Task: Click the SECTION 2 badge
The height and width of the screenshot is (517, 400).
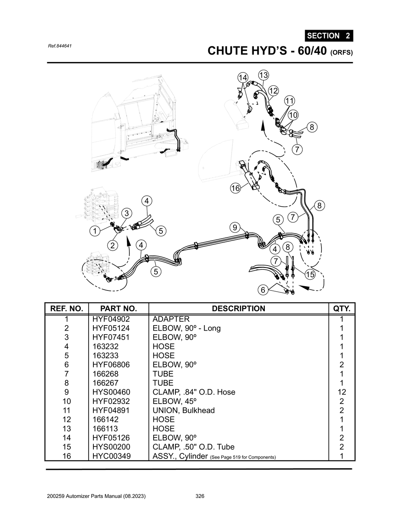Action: (x=329, y=35)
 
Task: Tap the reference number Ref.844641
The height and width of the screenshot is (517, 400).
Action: (x=59, y=46)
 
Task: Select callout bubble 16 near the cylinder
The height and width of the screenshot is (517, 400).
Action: (x=235, y=188)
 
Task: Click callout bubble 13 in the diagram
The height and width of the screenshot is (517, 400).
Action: (x=263, y=75)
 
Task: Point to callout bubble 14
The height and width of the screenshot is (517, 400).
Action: (x=243, y=78)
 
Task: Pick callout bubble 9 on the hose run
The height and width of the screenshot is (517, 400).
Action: (x=234, y=227)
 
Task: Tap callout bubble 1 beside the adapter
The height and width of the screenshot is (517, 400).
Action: (x=94, y=231)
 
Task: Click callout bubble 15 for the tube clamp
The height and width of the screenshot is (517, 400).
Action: (x=310, y=274)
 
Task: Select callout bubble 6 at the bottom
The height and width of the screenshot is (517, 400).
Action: (x=263, y=290)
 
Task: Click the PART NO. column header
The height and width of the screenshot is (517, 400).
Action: (x=118, y=308)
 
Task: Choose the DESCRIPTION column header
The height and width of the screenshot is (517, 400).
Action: (x=238, y=308)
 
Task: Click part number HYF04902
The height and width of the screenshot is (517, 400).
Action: (x=111, y=319)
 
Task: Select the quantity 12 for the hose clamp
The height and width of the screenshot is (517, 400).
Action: (x=341, y=392)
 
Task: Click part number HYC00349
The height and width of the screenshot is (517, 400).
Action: (x=111, y=456)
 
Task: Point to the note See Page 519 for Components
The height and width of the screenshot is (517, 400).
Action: (x=243, y=457)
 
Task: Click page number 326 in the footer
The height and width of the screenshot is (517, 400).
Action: (x=200, y=496)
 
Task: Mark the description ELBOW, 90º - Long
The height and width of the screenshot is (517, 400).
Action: (x=186, y=328)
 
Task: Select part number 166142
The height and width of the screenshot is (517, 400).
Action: (x=105, y=420)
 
